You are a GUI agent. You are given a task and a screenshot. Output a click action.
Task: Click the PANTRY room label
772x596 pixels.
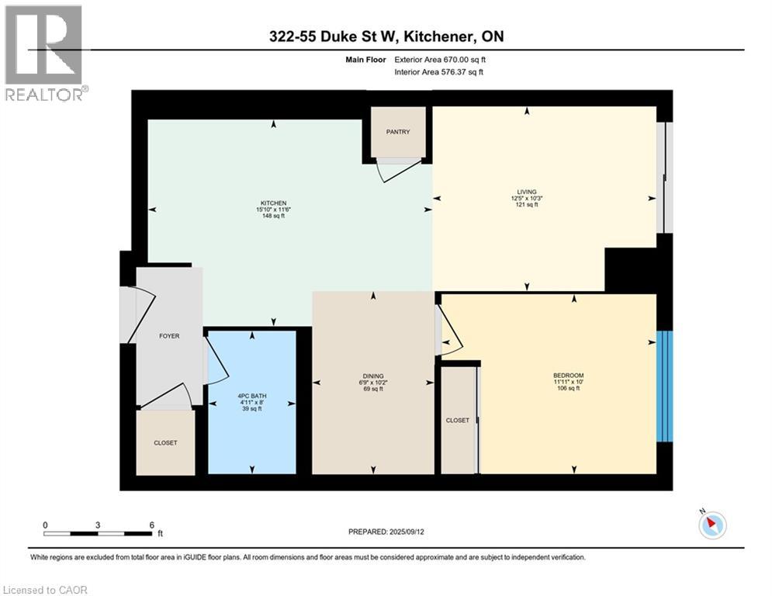(x=397, y=132)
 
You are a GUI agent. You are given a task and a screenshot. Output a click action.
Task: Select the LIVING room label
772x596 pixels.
(x=527, y=192)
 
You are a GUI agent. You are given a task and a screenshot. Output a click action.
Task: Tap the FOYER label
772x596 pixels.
(x=169, y=336)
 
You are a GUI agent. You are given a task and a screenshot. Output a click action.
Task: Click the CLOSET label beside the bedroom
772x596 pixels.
(x=457, y=420)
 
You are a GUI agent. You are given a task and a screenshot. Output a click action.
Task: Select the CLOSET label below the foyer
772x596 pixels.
(x=165, y=443)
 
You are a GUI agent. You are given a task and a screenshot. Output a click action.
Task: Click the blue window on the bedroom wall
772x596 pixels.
(x=665, y=386)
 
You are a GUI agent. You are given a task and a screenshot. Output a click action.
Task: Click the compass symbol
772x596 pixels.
(x=711, y=525)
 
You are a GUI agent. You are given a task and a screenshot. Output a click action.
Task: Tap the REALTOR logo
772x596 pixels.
(x=43, y=53)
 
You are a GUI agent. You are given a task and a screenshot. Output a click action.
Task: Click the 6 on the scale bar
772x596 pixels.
(x=151, y=525)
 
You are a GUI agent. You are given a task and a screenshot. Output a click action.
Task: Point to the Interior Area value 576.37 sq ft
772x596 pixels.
(x=460, y=72)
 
